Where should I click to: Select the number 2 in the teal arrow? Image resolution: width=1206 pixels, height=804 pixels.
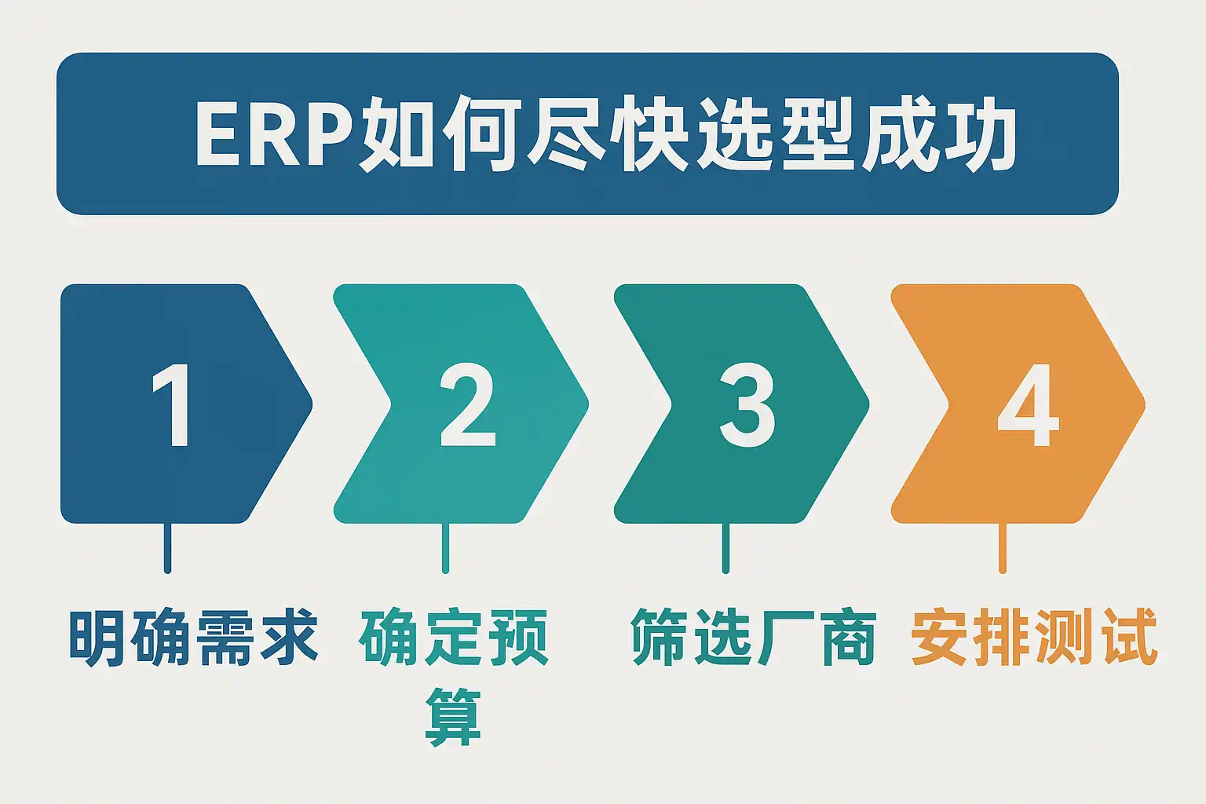click(x=467, y=404)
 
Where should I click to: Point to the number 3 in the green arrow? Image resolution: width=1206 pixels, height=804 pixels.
click(x=747, y=405)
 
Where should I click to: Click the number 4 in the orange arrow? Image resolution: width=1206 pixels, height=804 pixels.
click(x=1029, y=405)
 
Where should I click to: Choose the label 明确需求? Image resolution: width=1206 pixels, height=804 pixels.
click(x=194, y=638)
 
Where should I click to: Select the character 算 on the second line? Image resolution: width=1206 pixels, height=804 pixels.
click(x=453, y=717)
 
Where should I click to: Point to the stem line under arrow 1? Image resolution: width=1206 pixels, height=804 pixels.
click(x=167, y=548)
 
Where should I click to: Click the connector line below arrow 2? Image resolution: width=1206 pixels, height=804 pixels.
click(x=445, y=548)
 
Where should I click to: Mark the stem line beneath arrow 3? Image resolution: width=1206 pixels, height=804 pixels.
click(x=725, y=548)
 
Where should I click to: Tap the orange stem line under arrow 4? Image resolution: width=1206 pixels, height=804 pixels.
click(x=1003, y=548)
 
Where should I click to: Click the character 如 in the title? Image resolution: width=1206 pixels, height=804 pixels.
click(x=397, y=133)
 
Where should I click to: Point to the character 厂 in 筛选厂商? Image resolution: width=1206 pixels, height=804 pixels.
click(x=784, y=638)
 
